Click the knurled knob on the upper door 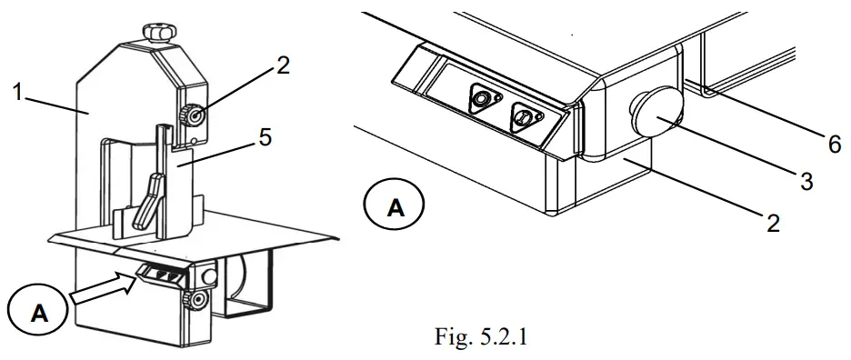(192, 115)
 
